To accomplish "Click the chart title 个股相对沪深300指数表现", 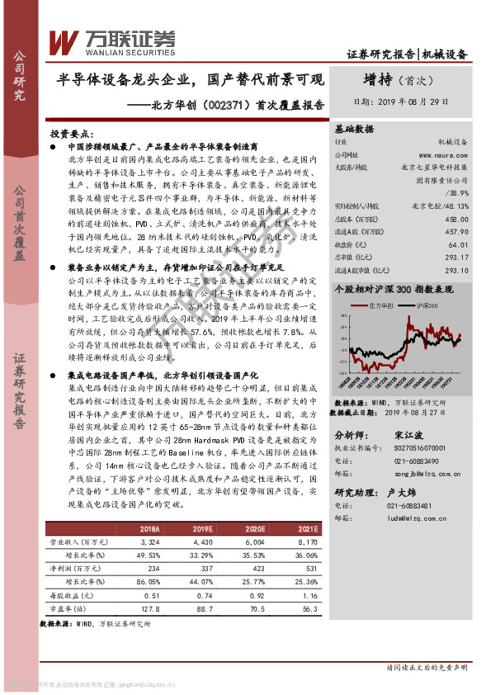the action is (x=396, y=290).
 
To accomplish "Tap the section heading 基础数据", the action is (x=354, y=130).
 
